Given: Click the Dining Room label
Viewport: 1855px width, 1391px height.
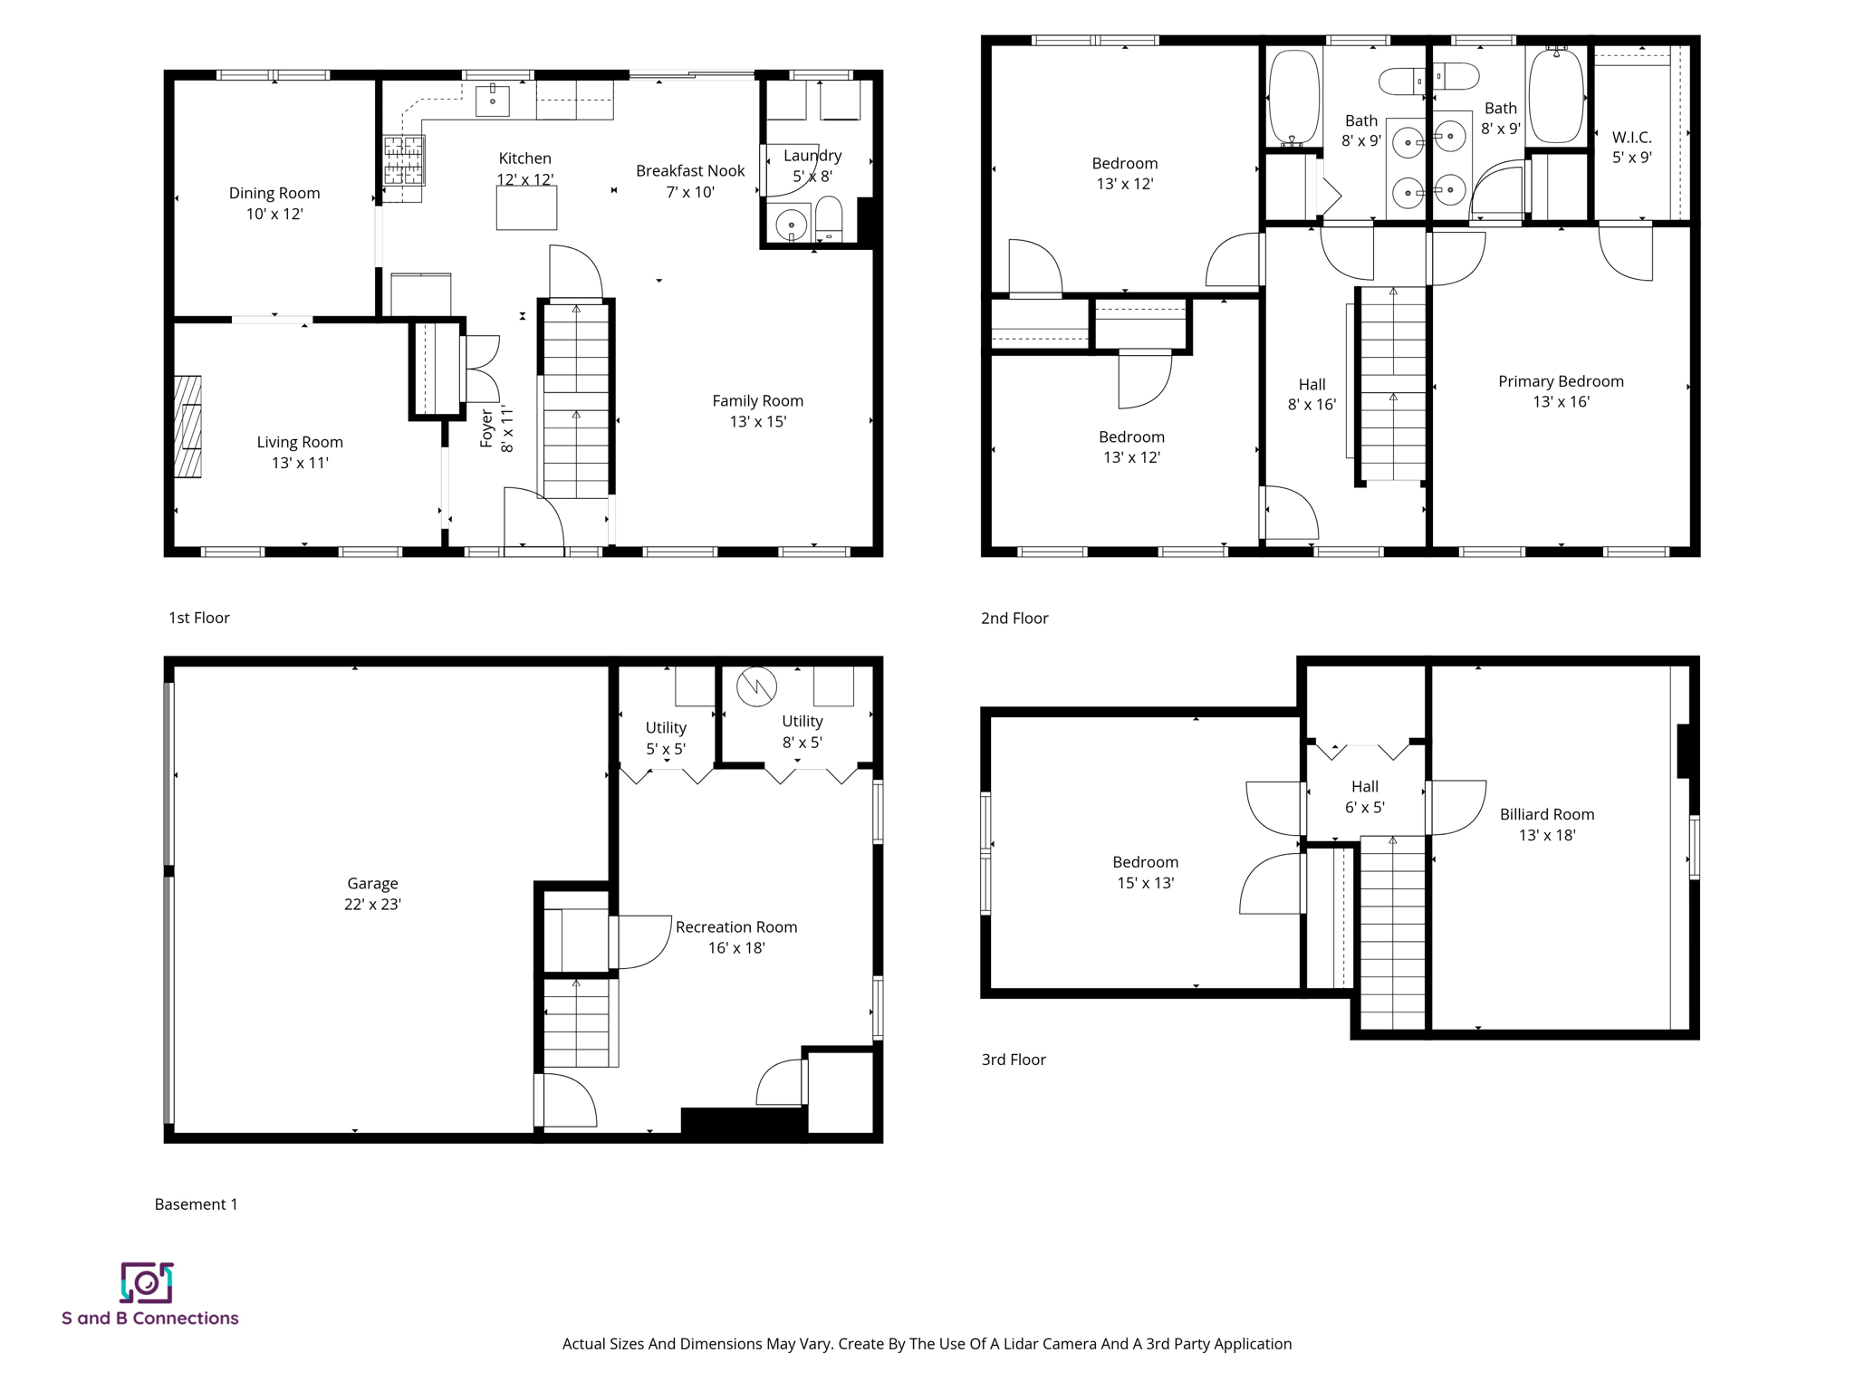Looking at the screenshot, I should [274, 193].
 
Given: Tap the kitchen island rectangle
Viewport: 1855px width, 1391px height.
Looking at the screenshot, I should [526, 208].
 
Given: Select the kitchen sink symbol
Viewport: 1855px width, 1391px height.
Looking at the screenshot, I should [493, 101].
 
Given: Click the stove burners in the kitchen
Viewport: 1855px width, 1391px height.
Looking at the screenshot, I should [403, 159].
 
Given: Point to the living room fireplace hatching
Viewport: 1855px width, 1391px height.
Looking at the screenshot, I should [187, 426].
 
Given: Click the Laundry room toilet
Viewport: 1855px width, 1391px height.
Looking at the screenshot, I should [829, 220].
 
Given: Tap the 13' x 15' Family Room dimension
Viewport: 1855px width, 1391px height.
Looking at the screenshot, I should [757, 422].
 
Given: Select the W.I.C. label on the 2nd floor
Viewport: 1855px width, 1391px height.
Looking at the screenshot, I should [1631, 138].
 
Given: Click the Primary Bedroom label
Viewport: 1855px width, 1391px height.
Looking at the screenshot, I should [1560, 381].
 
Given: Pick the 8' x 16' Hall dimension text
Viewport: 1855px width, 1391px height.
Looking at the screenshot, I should [1312, 405].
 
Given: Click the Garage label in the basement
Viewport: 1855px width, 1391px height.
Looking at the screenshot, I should [372, 883].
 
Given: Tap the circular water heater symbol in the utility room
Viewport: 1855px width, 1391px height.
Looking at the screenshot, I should [756, 686].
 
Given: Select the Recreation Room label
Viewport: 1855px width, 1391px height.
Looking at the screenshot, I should [735, 926].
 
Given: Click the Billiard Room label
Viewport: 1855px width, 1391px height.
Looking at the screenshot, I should [1546, 814].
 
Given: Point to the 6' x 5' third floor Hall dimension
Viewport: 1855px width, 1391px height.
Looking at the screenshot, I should [1364, 808].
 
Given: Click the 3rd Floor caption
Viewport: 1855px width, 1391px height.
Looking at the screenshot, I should [1013, 1060].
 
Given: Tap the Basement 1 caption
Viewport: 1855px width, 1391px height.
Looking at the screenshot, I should [196, 1204].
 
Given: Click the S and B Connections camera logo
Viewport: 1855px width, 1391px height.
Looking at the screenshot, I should [147, 1282].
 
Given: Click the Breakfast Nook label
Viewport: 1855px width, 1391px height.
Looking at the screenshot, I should [689, 171].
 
